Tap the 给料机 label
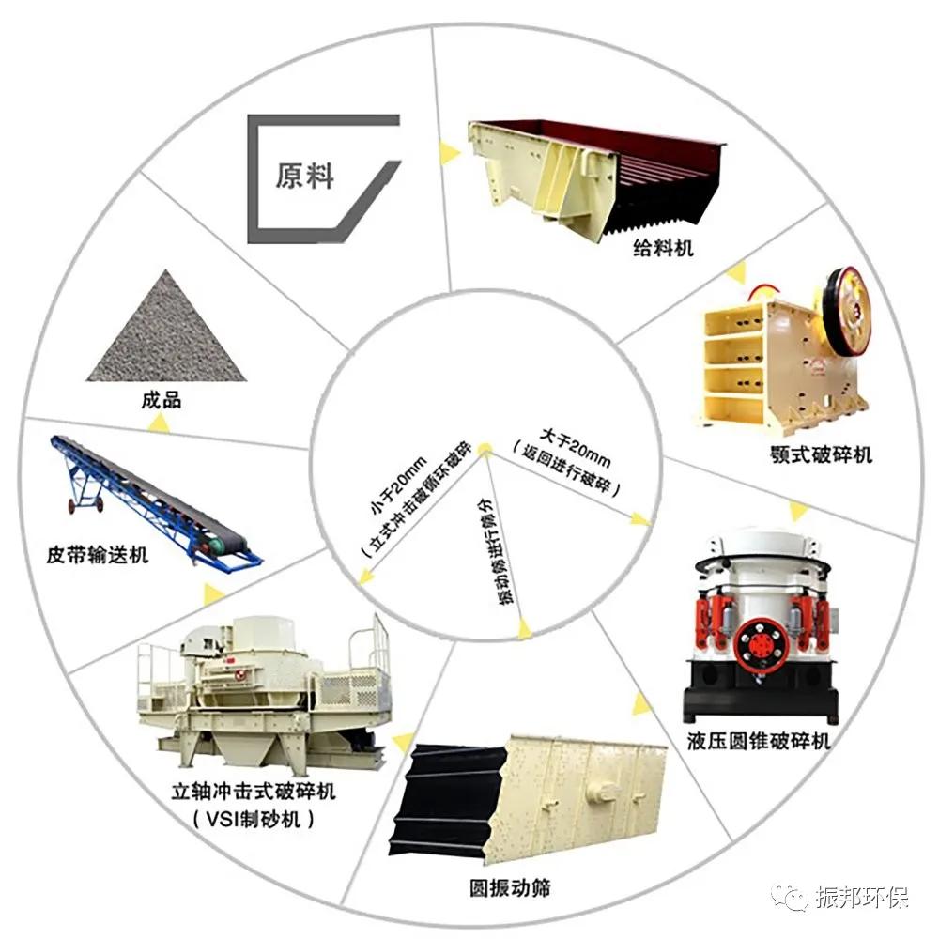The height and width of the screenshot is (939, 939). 663,250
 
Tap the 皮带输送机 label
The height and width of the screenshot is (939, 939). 98,555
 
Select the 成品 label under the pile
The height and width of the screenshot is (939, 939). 161,401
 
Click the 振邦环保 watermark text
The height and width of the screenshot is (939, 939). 865,899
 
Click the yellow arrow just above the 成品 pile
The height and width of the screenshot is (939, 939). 162,424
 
